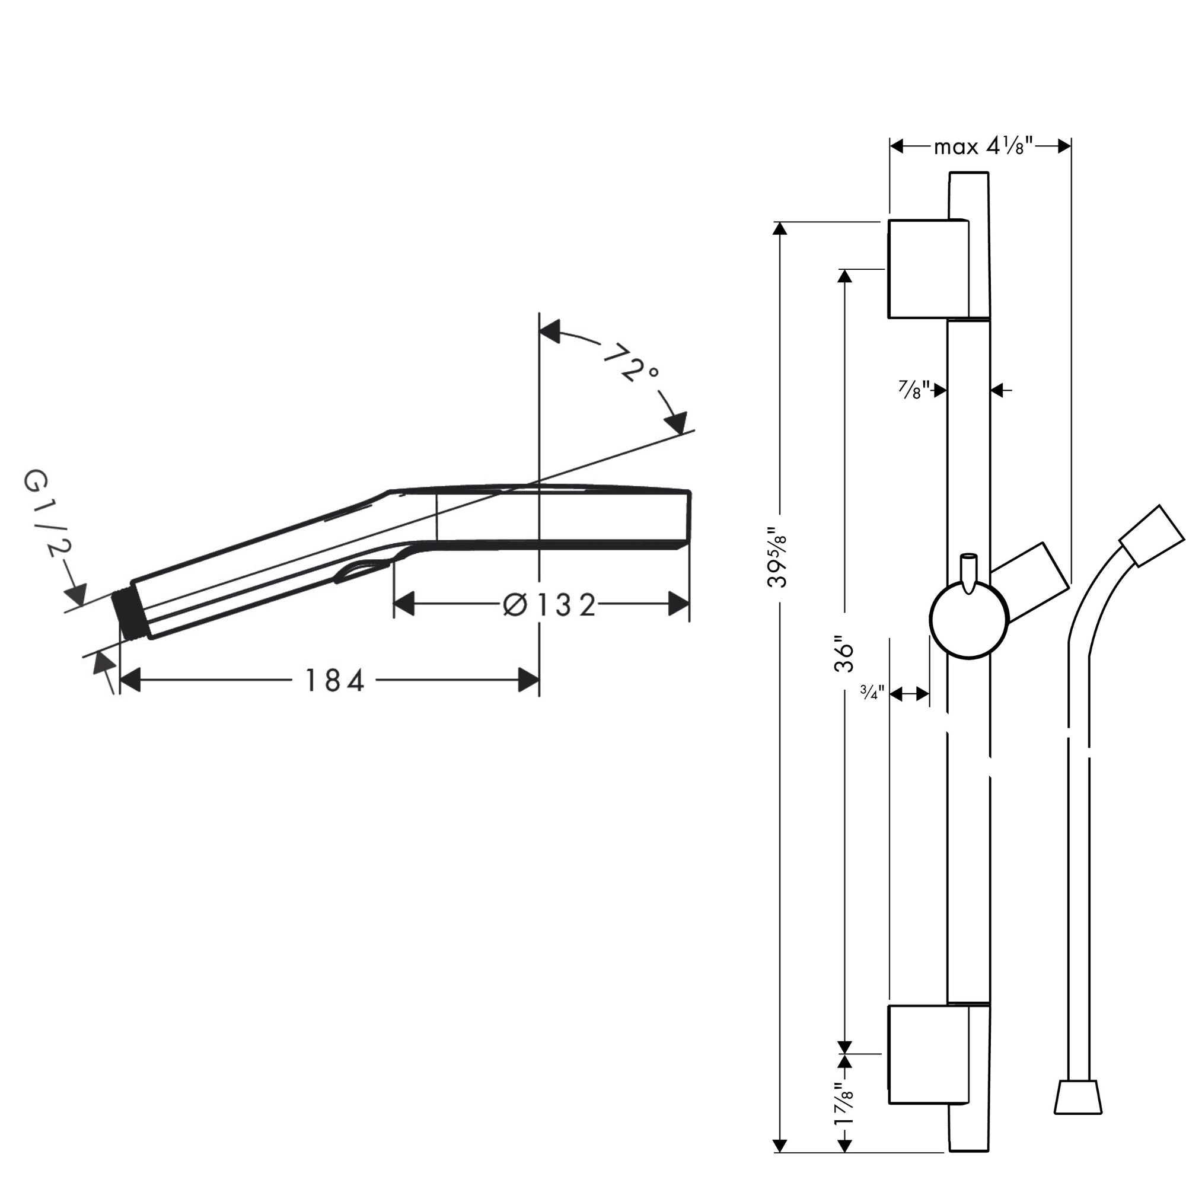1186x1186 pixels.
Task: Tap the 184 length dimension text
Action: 334,681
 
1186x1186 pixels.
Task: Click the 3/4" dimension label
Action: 872,694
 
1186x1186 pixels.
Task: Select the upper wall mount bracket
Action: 928,269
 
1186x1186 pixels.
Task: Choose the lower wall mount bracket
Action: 928,1054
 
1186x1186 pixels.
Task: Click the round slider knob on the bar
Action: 969,620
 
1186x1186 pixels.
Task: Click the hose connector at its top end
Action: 1152,535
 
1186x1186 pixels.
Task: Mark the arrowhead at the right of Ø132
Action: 678,604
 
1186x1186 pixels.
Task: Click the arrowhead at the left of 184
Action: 129,680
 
